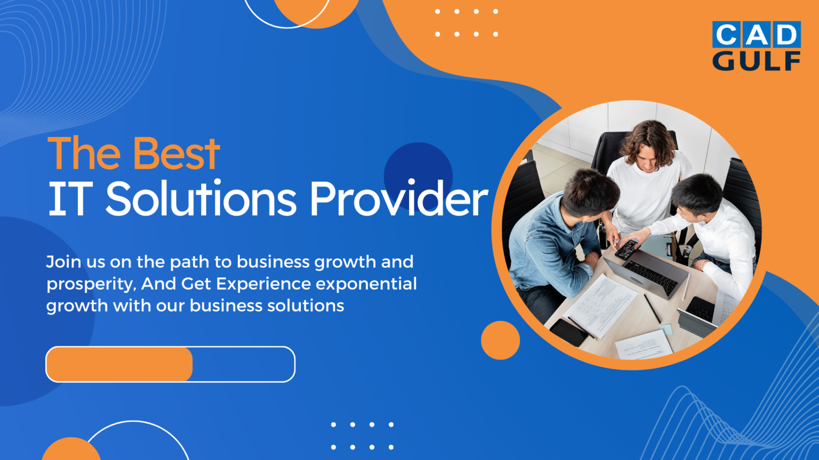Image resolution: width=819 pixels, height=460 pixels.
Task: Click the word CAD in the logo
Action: tap(756, 35)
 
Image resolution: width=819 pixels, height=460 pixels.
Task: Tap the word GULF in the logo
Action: tap(756, 61)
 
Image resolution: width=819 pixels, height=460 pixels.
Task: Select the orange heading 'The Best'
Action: tap(133, 153)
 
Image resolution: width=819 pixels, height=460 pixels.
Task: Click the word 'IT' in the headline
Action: tap(68, 199)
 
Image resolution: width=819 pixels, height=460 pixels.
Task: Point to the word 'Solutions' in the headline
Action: tap(200, 199)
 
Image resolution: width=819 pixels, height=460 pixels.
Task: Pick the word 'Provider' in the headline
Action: tap(398, 199)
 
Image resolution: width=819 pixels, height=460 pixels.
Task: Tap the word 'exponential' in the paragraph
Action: tap(366, 284)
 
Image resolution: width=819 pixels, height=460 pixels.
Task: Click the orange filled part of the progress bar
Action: tap(119, 364)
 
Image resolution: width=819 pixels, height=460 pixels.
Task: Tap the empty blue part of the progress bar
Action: tap(243, 364)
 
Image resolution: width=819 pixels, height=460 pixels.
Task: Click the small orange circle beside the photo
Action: tap(500, 340)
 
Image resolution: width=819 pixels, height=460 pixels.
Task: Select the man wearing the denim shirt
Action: tap(555, 240)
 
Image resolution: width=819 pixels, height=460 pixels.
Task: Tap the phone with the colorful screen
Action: tap(626, 249)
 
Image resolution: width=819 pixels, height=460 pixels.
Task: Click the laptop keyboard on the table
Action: tap(651, 277)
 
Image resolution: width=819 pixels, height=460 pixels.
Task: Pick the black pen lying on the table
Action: tap(652, 308)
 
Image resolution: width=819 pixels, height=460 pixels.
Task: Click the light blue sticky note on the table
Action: tap(666, 330)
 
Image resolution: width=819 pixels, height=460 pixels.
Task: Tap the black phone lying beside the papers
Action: tap(569, 332)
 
